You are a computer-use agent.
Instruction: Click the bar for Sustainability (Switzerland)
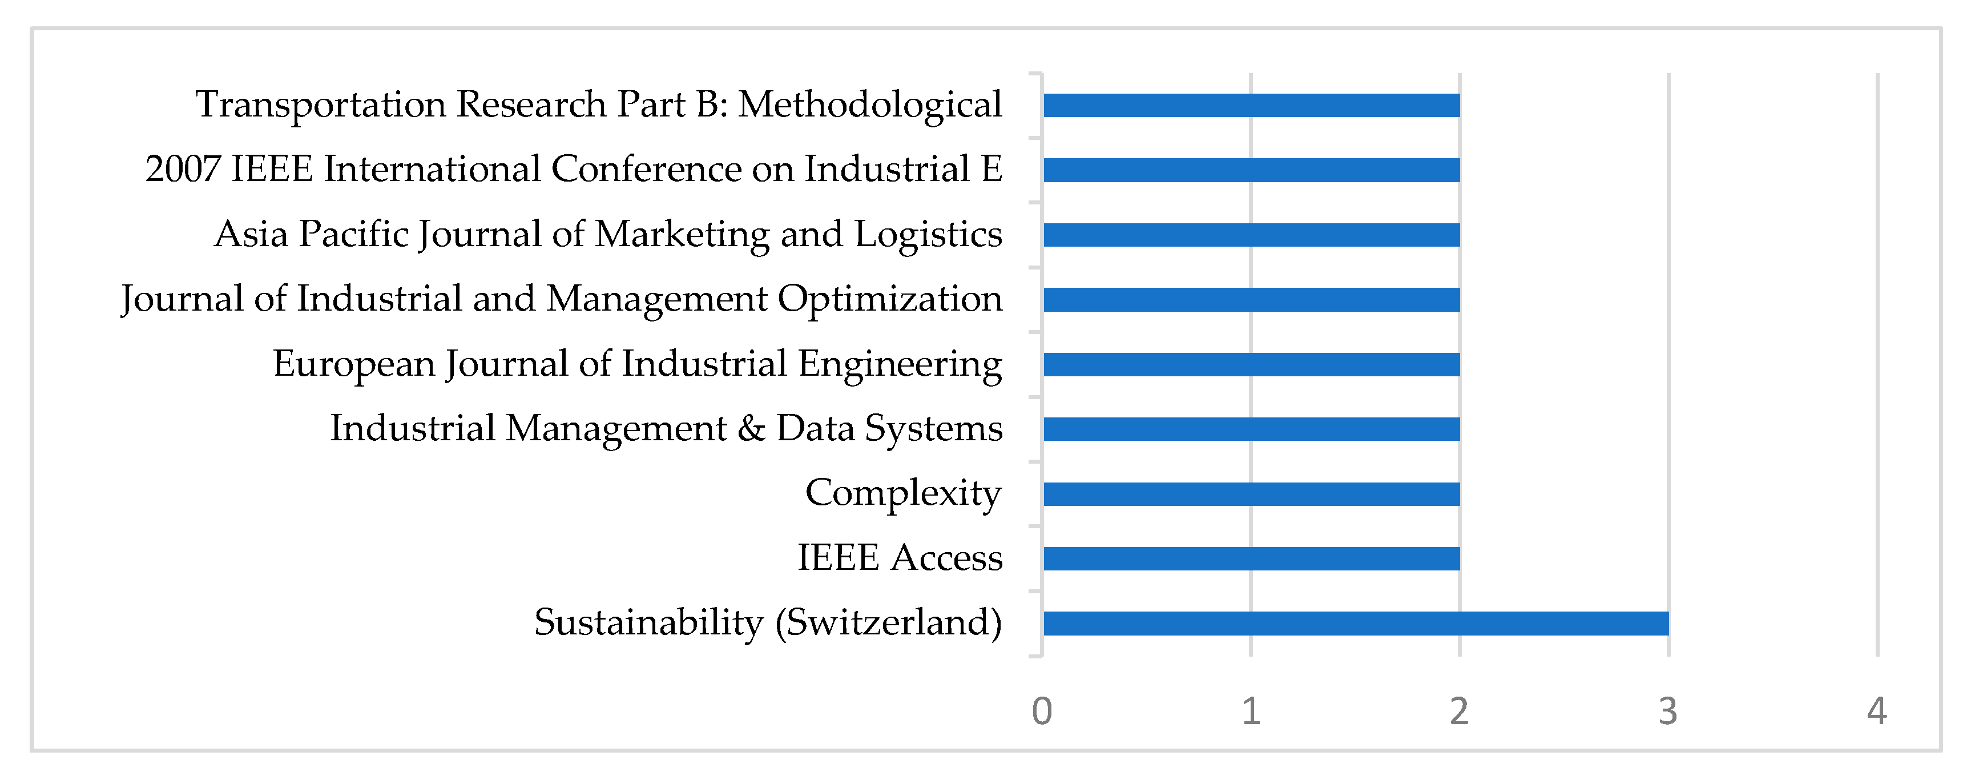click(1355, 623)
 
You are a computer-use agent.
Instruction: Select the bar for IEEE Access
click(1251, 558)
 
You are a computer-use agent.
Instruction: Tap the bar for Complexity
click(1251, 494)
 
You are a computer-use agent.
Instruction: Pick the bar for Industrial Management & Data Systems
click(1251, 429)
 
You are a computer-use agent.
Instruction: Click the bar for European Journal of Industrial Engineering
click(1251, 364)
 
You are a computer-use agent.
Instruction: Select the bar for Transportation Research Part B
click(1251, 106)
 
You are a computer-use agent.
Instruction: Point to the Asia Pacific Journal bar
click(1251, 235)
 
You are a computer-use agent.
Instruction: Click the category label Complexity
click(904, 493)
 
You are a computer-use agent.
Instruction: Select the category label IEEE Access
click(900, 557)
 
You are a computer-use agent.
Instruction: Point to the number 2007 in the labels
click(183, 169)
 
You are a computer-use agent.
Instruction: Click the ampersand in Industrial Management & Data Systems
click(751, 428)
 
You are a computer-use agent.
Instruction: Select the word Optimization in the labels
click(889, 299)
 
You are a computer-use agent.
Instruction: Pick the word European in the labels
click(353, 364)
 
